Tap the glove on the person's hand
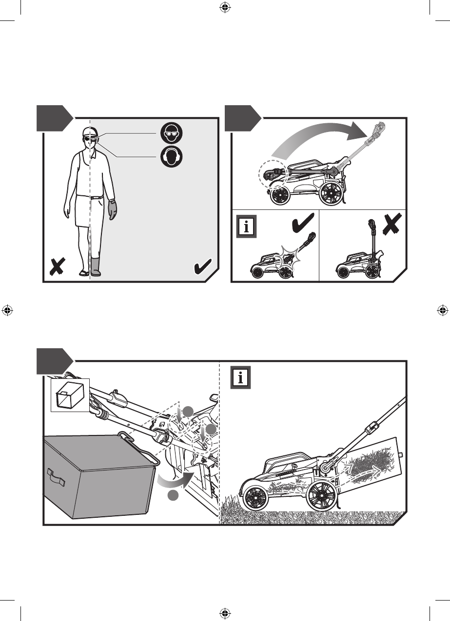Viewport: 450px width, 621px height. (x=112, y=209)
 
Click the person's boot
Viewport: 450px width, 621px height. (x=96, y=266)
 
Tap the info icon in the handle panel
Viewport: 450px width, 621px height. (x=246, y=227)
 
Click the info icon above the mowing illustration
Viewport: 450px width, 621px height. (x=240, y=377)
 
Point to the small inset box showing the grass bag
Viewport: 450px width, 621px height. (x=70, y=395)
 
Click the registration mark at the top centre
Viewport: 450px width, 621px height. (x=225, y=7)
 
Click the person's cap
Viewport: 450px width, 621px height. (x=87, y=132)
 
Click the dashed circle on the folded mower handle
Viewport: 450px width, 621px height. (x=272, y=174)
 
